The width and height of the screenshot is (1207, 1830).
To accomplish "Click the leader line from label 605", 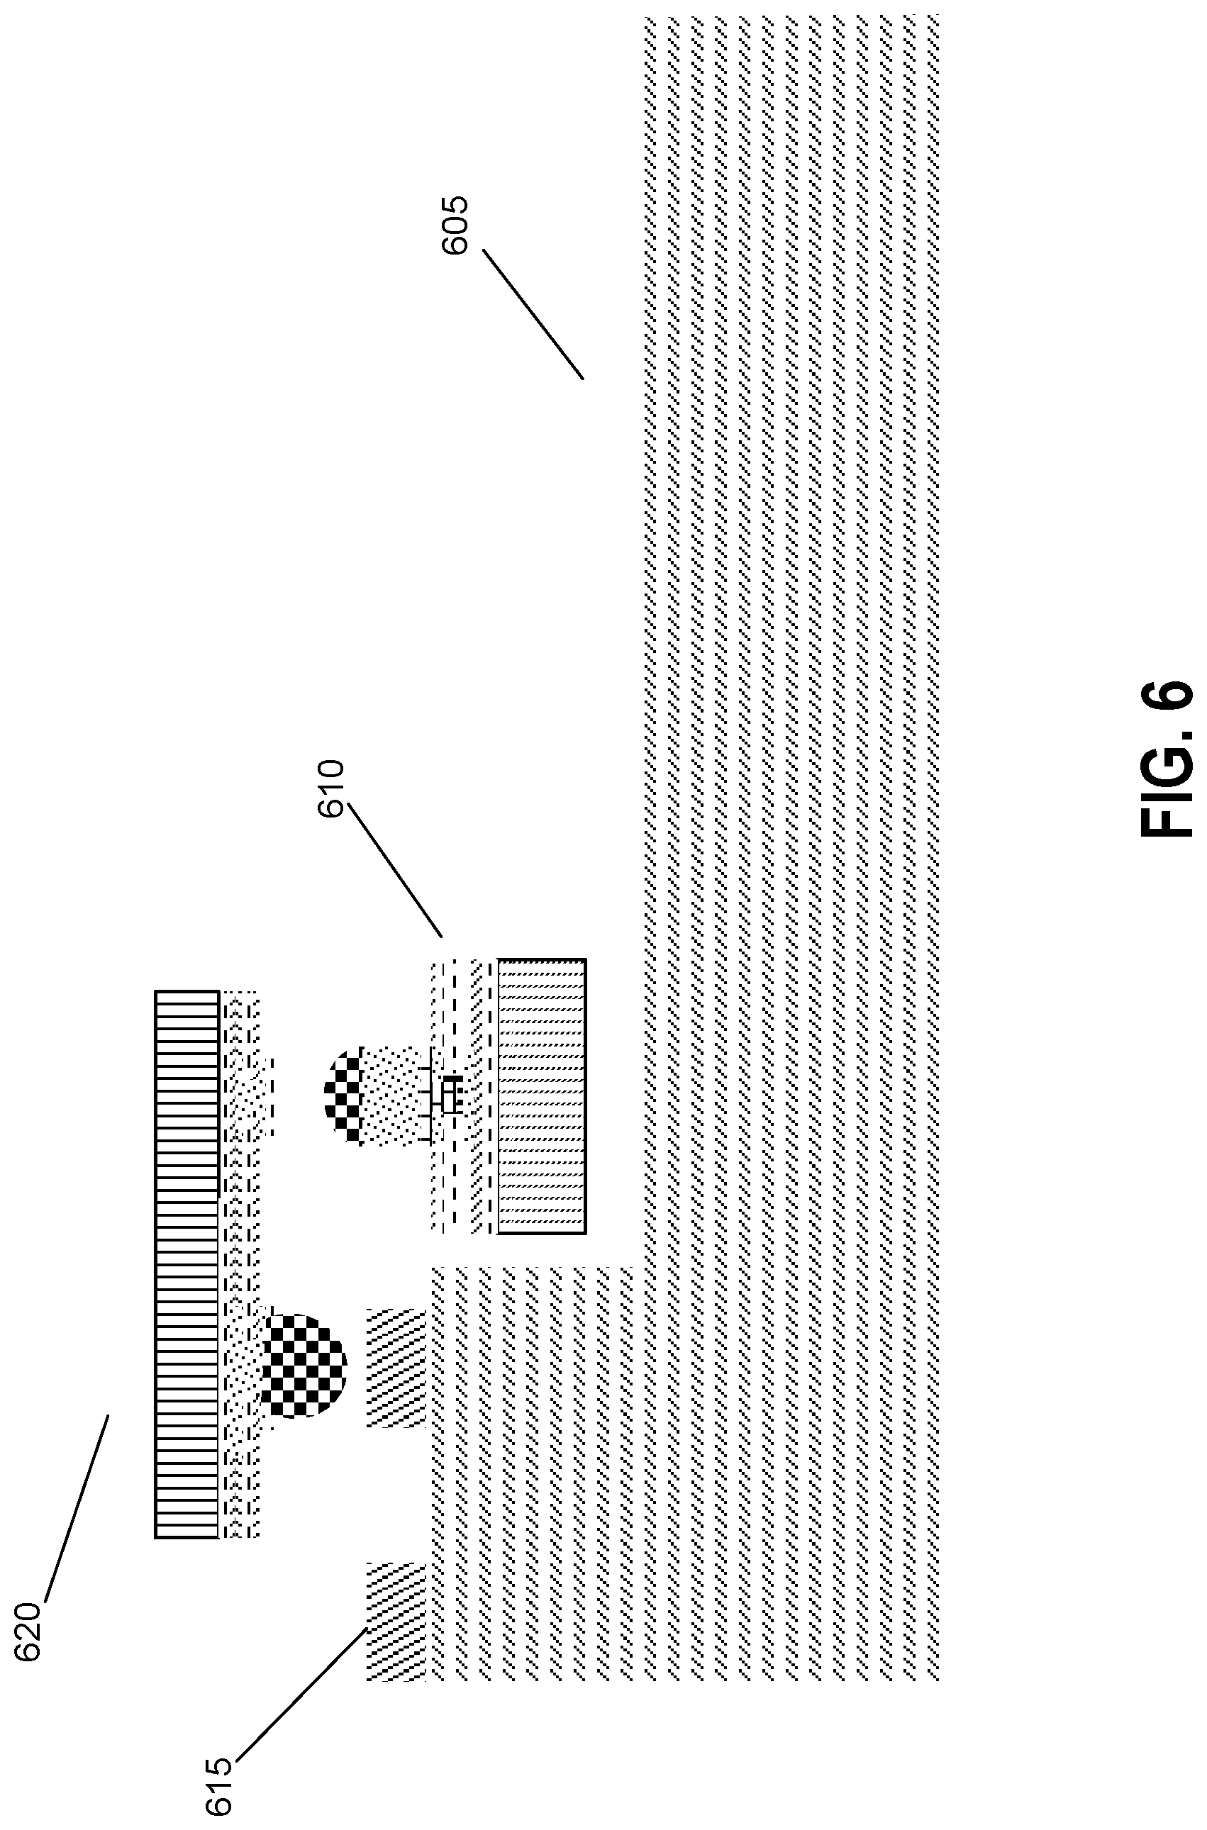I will click(x=533, y=313).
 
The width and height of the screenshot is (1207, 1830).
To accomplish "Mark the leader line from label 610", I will click(x=396, y=869).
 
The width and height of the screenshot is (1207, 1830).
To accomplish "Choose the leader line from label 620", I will click(x=76, y=1507).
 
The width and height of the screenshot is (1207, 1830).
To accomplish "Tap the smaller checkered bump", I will click(x=344, y=1093).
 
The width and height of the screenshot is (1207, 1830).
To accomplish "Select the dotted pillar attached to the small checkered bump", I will click(x=394, y=1094).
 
